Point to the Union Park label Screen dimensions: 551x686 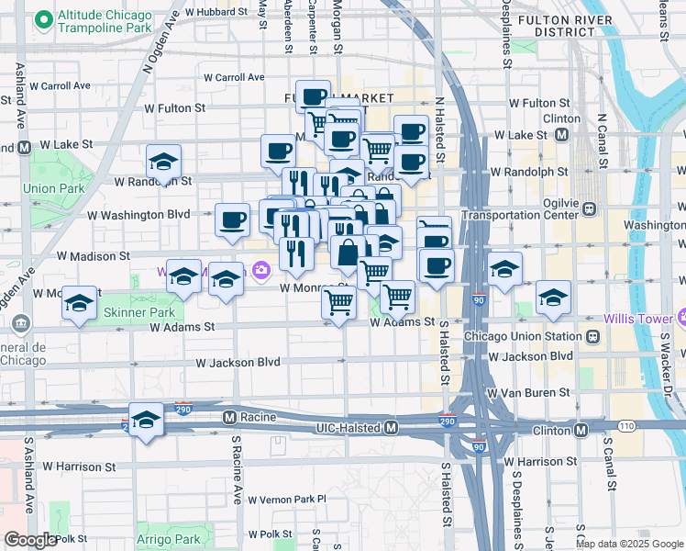40,188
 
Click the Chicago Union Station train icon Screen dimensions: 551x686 592,336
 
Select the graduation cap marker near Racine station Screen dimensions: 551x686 145,420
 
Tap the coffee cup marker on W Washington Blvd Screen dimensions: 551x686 233,219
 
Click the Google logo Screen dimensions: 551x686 29,540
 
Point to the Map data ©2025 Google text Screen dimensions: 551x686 629,544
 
